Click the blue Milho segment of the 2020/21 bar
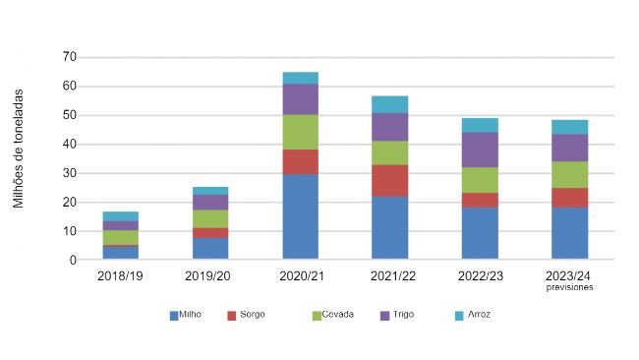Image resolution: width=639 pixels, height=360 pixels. (300, 216)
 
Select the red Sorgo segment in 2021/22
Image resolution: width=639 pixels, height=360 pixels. (389, 180)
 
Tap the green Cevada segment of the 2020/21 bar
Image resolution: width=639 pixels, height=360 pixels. (300, 132)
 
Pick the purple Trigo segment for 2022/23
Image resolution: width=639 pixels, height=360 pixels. (480, 150)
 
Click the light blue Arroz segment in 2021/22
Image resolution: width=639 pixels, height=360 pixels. (389, 103)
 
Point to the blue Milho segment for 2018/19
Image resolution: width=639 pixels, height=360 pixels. (120, 253)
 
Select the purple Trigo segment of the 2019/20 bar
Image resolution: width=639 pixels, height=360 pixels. (209, 202)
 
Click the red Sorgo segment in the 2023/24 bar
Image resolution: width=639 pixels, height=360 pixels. (569, 197)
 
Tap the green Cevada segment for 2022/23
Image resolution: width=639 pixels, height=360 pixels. (480, 180)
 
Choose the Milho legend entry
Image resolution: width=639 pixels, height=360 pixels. (190, 315)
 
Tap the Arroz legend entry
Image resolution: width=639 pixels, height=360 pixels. (479, 315)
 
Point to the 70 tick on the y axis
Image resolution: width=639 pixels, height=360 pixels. (69, 57)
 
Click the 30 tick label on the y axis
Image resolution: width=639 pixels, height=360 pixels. (69, 173)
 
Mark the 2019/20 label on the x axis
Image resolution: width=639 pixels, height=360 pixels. (209, 277)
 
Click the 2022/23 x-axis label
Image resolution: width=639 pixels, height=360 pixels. (480, 277)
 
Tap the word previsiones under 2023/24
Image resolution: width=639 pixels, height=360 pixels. (569, 288)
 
